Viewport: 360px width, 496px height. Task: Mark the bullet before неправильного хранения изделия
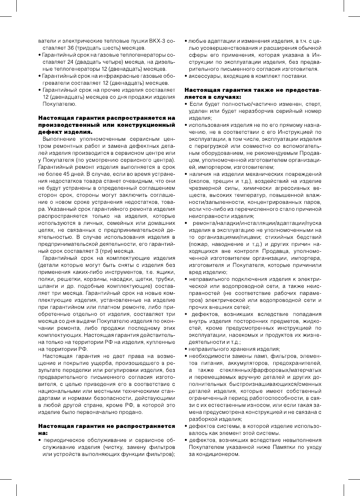(x=186, y=349)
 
